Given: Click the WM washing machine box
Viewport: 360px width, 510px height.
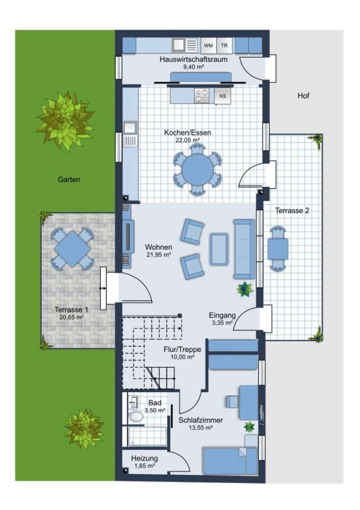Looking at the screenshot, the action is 208,45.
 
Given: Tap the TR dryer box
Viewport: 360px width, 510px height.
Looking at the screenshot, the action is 225,45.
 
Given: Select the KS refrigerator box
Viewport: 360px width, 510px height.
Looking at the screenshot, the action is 223,96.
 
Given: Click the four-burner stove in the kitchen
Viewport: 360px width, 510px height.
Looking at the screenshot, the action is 201,96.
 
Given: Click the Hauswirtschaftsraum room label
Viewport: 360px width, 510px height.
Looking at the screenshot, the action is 193,59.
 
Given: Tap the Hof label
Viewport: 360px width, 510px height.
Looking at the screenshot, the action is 303,96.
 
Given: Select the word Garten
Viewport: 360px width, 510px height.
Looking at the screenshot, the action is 69,180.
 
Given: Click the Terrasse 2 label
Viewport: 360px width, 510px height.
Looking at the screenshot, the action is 292,210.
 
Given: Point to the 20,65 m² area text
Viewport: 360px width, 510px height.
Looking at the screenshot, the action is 71,317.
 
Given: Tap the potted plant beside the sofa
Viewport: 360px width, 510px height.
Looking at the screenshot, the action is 244,289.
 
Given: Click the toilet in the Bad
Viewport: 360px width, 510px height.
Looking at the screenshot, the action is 135,416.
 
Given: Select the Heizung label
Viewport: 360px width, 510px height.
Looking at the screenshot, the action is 145,458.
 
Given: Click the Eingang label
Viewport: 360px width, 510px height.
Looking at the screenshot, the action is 222,315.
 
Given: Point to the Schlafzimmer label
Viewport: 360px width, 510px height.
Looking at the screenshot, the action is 201,420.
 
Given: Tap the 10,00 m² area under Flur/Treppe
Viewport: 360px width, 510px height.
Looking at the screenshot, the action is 183,357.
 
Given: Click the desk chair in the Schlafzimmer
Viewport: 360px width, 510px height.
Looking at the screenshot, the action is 232,401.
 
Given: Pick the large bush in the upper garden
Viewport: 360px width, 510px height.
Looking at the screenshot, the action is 65,120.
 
